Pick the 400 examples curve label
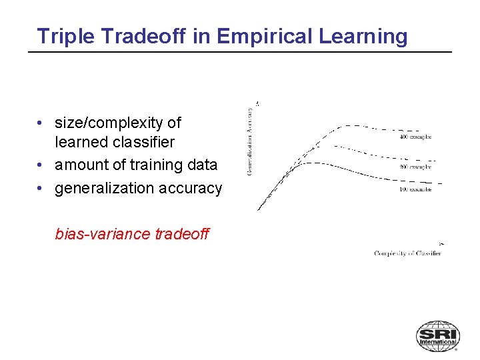pos(415,137)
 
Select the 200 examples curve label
pos(415,167)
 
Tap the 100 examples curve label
pos(415,189)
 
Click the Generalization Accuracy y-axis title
pos(250,141)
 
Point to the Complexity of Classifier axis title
pos(408,253)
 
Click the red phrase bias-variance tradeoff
pos(132,234)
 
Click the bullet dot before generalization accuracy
pos(41,189)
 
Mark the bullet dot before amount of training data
pos(41,165)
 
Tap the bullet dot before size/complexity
pos(41,123)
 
